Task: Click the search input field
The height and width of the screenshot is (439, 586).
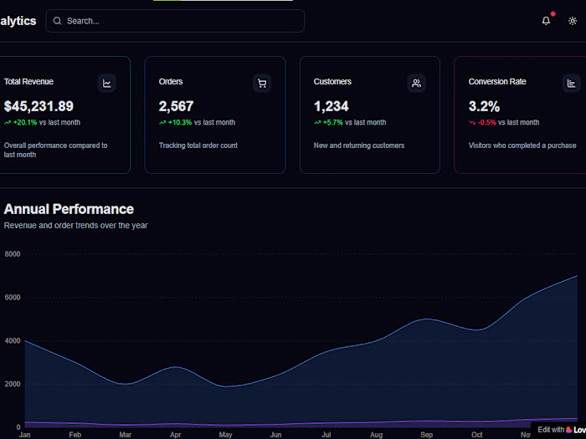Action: click(x=176, y=21)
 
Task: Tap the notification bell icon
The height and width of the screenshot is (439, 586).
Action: click(x=546, y=21)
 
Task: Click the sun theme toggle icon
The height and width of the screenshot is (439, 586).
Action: click(x=573, y=21)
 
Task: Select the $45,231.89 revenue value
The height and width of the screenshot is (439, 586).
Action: click(x=39, y=106)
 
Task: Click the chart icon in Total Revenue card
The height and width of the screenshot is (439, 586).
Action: click(x=106, y=83)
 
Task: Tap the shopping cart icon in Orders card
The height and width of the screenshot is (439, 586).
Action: click(x=261, y=83)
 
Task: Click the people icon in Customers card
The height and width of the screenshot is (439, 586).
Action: click(x=416, y=83)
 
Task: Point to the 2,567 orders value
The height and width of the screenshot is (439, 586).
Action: click(x=176, y=106)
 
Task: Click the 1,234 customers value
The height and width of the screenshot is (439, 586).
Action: click(x=331, y=106)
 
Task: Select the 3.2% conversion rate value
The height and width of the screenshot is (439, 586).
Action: click(x=484, y=106)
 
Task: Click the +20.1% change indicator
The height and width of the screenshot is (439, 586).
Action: click(x=25, y=122)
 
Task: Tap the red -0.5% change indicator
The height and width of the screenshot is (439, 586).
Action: click(x=487, y=122)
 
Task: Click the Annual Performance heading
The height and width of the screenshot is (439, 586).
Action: click(x=69, y=209)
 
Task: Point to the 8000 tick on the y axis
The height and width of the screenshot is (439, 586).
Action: click(x=13, y=253)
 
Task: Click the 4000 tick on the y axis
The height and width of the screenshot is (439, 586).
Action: click(x=13, y=340)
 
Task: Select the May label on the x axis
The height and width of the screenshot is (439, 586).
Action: click(x=225, y=435)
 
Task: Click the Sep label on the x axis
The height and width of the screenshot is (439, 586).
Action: click(x=426, y=435)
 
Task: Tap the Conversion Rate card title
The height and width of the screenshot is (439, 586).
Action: click(x=497, y=82)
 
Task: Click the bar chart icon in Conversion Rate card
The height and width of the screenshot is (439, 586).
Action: click(x=571, y=83)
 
